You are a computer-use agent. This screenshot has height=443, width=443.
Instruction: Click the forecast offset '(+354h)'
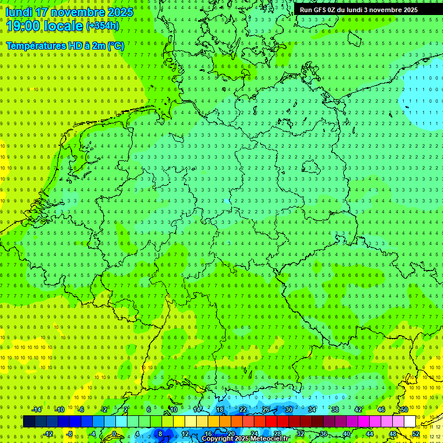pyautogui.click(x=103, y=26)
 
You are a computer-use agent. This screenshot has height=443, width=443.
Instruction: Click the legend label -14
pyautogui.click(x=37, y=410)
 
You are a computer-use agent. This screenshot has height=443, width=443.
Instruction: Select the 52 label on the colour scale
pyautogui.click(x=416, y=434)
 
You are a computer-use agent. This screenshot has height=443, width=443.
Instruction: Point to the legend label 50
pyautogui.click(x=404, y=410)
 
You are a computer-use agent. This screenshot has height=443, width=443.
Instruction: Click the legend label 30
pyautogui.click(x=289, y=410)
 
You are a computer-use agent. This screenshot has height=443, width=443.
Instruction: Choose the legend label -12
pyautogui.click(x=48, y=434)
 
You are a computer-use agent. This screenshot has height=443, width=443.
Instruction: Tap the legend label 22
pyautogui.click(x=243, y=410)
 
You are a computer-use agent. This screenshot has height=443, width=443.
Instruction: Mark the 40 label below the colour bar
pyautogui.click(x=347, y=434)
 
